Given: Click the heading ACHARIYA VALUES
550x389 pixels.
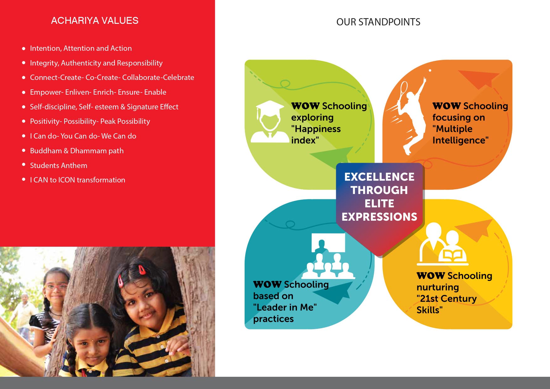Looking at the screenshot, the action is pyautogui.click(x=95, y=21).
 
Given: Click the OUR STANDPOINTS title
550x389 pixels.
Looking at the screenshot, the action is pyautogui.click(x=378, y=22).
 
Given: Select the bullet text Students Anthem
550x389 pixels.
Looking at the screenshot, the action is pyautogui.click(x=59, y=166).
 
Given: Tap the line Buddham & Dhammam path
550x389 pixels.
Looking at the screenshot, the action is pyautogui.click(x=77, y=151).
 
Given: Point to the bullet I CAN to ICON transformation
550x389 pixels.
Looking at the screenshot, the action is pyautogui.click(x=77, y=180).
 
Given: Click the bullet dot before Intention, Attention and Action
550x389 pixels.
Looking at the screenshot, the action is pyautogui.click(x=24, y=49).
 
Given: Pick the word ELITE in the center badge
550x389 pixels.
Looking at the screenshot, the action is pyautogui.click(x=379, y=203).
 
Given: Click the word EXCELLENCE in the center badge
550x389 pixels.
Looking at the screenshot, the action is pyautogui.click(x=379, y=177).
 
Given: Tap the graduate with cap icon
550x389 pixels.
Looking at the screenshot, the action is pyautogui.click(x=269, y=122).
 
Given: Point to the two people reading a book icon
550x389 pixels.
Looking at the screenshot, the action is pyautogui.click(x=442, y=244).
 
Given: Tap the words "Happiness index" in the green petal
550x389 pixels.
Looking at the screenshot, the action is pyautogui.click(x=316, y=134).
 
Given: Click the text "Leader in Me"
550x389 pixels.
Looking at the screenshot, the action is pyautogui.click(x=285, y=307).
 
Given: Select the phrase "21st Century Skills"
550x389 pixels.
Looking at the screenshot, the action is pyautogui.click(x=447, y=304).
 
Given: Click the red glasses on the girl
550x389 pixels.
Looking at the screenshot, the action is pyautogui.click(x=56, y=286).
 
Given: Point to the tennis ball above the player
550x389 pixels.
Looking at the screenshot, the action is pyautogui.click(x=430, y=71).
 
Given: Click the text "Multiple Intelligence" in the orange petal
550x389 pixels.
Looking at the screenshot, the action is pyautogui.click(x=460, y=134).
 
